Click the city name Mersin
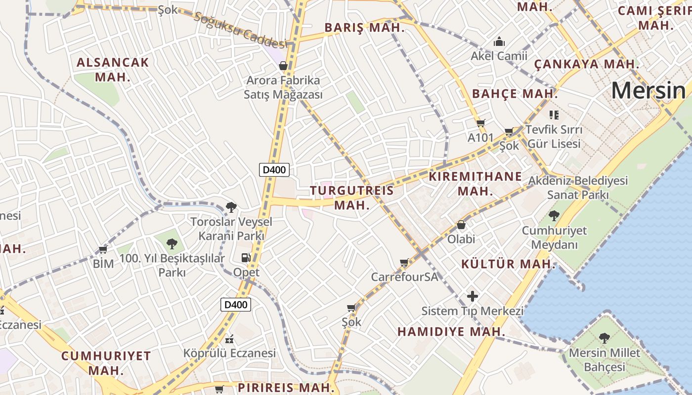[x=649, y=90]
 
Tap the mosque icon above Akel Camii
[x=499, y=41]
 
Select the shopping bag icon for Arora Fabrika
[x=283, y=65]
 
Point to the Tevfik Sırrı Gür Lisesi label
[x=554, y=137]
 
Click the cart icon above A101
[x=480, y=123]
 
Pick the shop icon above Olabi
[x=461, y=225]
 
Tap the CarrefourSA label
[x=404, y=276]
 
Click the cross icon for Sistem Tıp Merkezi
[x=473, y=296]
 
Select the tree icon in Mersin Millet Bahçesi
[x=604, y=338]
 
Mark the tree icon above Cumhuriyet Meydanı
[x=554, y=216]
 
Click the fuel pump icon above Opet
[x=246, y=258]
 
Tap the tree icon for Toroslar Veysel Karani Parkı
[x=231, y=207]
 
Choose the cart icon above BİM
[x=103, y=250]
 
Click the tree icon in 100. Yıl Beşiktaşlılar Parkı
[x=172, y=243]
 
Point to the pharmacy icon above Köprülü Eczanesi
[x=229, y=339]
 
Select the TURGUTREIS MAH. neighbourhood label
[x=352, y=197]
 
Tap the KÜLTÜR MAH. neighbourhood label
[x=509, y=264]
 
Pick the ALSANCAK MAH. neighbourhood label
[x=113, y=70]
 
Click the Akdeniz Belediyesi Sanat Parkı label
[x=578, y=188]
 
